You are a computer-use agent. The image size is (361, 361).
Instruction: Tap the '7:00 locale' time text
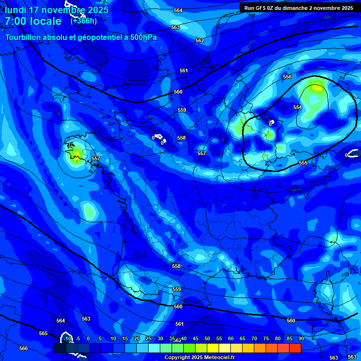(33, 21)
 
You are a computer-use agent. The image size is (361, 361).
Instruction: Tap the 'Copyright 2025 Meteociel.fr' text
(199, 357)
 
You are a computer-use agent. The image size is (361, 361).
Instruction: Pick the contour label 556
(287, 77)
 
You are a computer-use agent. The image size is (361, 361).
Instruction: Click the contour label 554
(298, 107)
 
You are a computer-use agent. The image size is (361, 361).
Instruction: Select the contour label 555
(303, 163)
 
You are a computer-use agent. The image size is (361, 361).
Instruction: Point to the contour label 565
(43, 333)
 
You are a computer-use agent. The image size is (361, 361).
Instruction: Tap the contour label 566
(24, 348)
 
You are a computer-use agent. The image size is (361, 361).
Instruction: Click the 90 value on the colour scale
(301, 338)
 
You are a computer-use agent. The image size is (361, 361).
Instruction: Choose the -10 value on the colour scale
(67, 338)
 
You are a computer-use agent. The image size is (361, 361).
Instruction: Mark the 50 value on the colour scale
(207, 338)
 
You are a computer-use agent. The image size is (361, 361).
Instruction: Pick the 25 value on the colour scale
(149, 338)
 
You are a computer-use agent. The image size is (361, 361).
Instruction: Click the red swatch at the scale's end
(295, 348)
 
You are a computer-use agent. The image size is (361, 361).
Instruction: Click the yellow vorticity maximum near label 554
(317, 87)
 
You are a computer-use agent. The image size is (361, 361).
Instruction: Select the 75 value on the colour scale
(266, 338)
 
